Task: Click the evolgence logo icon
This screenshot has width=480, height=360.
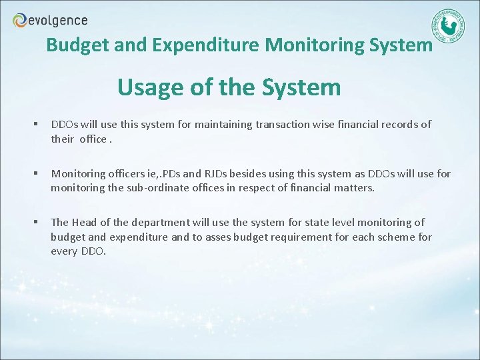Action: pyautogui.click(x=20, y=21)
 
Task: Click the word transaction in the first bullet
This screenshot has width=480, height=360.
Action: pyautogui.click(x=284, y=124)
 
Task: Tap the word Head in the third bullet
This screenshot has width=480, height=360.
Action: pyautogui.click(x=84, y=222)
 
